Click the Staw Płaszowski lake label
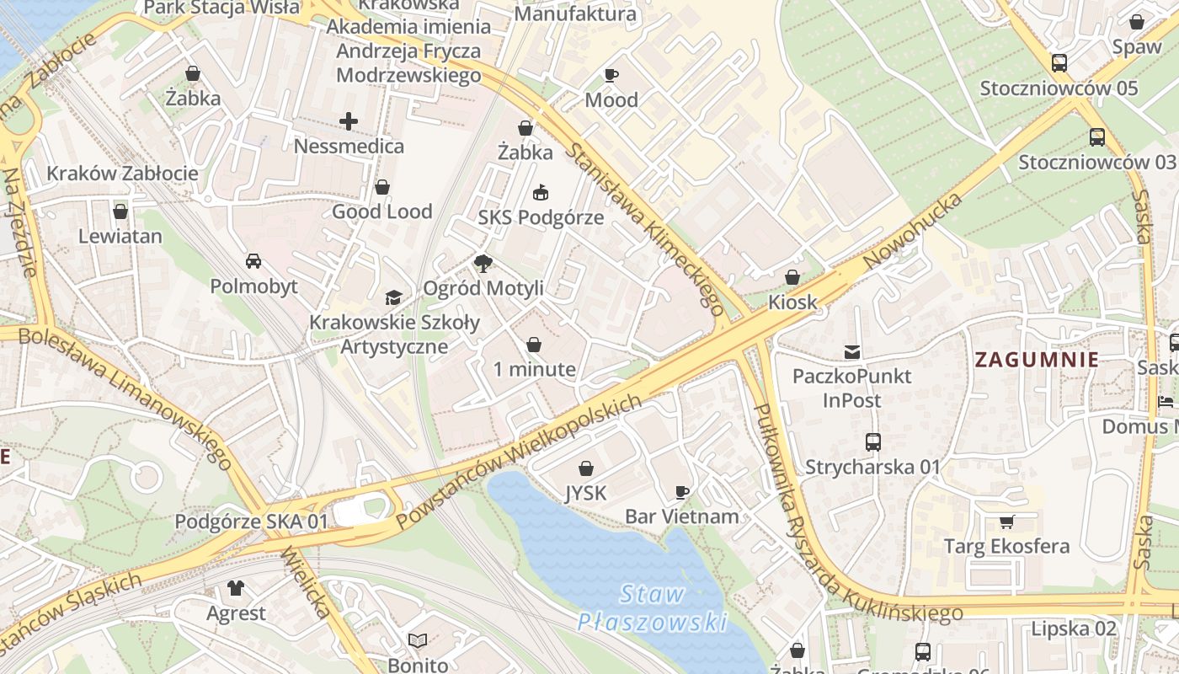[653, 608]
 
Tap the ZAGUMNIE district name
[1036, 360]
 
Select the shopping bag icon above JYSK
[585, 468]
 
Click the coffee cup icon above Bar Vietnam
[682, 492]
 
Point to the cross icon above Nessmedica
[349, 122]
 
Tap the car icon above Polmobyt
[253, 261]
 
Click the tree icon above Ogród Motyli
[483, 265]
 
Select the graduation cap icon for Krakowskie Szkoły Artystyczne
[393, 297]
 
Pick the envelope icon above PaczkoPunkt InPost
[852, 351]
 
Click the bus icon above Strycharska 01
[873, 442]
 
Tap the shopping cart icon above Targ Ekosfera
[1006, 522]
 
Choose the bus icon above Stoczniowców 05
[1059, 63]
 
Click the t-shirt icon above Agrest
[236, 588]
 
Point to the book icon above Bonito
[418, 641]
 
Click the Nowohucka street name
[914, 230]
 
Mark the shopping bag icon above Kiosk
[792, 277]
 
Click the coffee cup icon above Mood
[611, 76]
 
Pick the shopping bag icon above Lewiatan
[120, 211]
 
